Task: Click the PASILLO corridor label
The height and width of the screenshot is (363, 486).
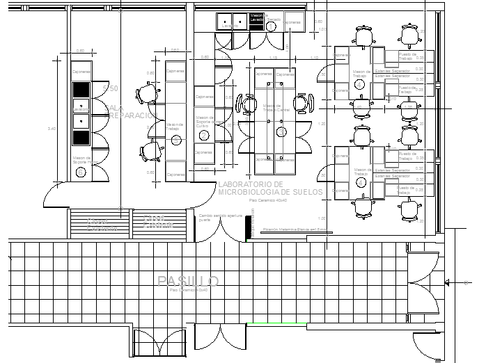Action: (188, 281)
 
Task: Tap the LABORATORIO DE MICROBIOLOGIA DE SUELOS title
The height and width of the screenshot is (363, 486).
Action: (270, 188)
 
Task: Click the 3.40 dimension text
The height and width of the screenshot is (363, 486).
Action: (61, 129)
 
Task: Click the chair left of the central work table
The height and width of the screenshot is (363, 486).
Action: (249, 104)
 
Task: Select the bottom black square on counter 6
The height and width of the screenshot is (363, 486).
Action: (81, 136)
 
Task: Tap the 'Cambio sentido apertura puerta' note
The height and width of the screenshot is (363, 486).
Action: (220, 218)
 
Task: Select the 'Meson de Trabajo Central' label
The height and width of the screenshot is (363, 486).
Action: (276, 108)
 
